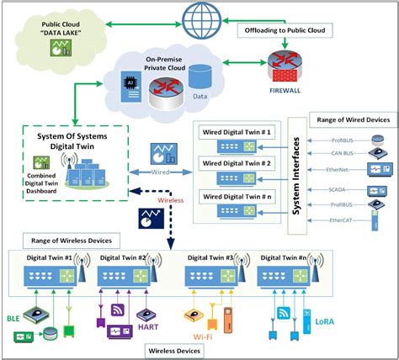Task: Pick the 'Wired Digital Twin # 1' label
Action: click(239, 130)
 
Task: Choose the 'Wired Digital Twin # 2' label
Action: click(239, 163)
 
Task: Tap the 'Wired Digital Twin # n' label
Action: click(239, 196)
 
